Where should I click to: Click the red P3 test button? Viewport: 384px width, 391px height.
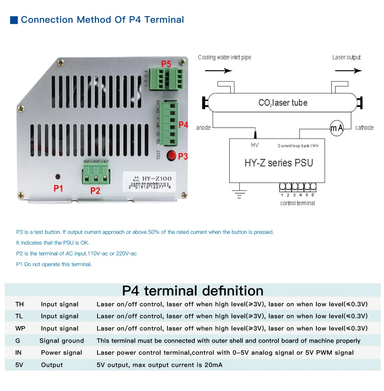click(171, 156)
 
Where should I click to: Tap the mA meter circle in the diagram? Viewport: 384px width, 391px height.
click(337, 128)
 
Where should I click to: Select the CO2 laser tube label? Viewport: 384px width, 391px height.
click(283, 103)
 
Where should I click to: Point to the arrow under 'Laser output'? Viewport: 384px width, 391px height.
click(348, 71)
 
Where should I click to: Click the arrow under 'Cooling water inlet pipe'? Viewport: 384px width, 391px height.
click(218, 71)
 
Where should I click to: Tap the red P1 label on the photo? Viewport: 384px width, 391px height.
click(58, 188)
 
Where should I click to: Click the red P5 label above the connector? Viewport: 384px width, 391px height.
click(166, 64)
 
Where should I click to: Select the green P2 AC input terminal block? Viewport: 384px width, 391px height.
click(95, 174)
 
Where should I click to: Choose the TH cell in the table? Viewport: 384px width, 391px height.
click(20, 304)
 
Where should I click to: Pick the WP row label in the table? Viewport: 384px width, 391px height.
click(20, 328)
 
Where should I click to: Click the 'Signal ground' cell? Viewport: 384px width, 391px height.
click(61, 341)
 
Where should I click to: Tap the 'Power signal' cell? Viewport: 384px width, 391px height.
click(61, 353)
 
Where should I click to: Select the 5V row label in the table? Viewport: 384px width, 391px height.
click(19, 365)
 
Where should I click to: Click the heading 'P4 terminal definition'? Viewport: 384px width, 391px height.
click(192, 290)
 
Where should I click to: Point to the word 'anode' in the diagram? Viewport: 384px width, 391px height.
click(203, 128)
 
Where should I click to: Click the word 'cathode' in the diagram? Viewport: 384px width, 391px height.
click(364, 128)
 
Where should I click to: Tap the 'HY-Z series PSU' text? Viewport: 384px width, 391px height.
click(279, 162)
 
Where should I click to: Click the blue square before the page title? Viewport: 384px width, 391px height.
click(14, 20)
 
